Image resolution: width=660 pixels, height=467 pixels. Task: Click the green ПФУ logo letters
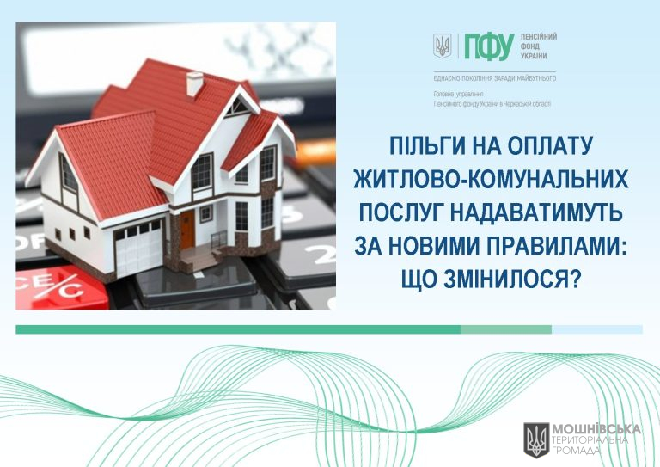489,46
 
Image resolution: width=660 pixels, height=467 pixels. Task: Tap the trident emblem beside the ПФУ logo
442,46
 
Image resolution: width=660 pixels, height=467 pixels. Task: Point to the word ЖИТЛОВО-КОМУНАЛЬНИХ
492,180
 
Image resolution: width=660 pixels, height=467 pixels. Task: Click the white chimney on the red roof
194,83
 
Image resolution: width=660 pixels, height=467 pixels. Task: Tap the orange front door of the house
188,230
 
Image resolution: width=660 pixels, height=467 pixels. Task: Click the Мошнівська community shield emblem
536,440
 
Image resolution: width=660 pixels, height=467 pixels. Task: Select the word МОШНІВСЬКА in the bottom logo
596,429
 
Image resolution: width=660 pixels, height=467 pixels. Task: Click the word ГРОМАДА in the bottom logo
576,451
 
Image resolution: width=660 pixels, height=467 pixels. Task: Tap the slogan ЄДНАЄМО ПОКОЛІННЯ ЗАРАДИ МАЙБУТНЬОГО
495,78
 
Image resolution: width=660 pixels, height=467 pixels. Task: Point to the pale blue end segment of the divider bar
597,329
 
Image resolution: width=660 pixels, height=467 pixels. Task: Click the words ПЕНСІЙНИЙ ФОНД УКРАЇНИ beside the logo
539,46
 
